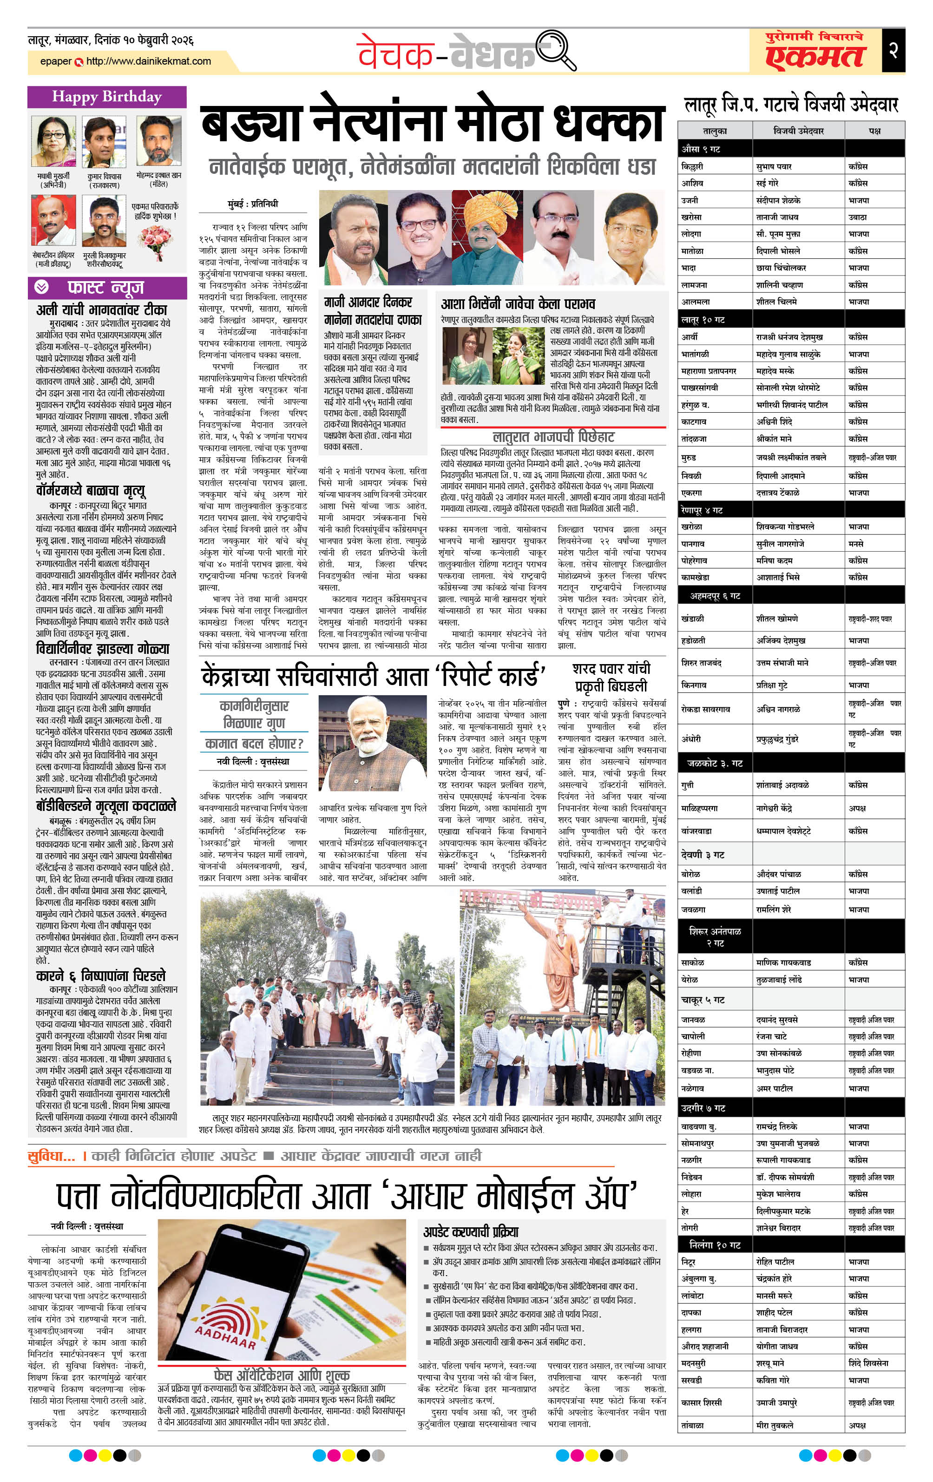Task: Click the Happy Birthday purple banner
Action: point(106,97)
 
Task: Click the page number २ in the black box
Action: point(893,51)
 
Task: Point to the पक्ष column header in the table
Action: point(874,131)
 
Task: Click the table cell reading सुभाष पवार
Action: point(774,167)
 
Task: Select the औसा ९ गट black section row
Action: point(791,149)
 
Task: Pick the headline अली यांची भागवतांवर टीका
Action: point(102,310)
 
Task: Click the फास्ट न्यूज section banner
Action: point(106,287)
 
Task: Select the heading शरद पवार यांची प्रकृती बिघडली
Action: point(611,677)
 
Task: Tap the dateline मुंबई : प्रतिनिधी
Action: point(252,204)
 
